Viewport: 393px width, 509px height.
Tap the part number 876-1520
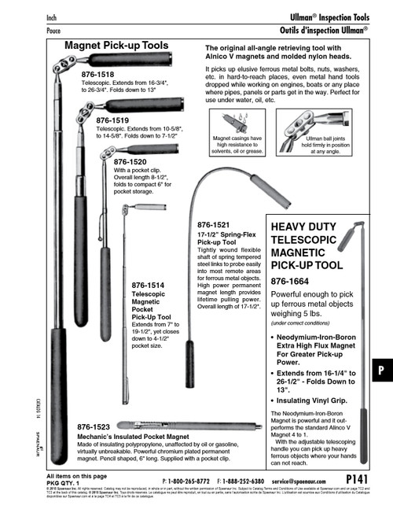[x=130, y=161]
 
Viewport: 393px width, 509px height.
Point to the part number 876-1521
[x=214, y=225]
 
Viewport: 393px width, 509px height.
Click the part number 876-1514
[x=149, y=285]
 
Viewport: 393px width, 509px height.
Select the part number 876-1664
[x=295, y=282]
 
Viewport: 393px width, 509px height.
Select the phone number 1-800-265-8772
[x=189, y=479]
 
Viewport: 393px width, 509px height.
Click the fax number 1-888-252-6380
[x=238, y=479]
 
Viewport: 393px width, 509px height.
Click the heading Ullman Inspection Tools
[x=325, y=17]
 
